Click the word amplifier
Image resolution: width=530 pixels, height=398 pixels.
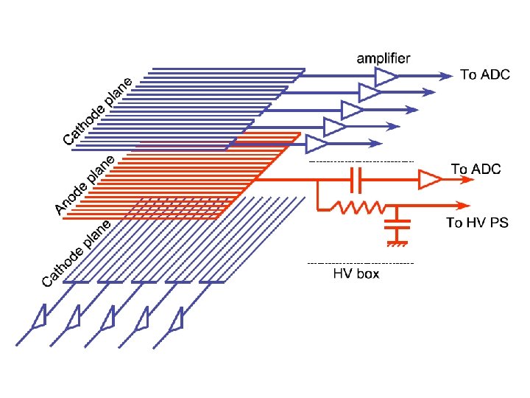point(384,57)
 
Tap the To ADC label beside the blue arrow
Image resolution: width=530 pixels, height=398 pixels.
point(485,74)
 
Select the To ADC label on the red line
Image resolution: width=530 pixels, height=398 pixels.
point(476,170)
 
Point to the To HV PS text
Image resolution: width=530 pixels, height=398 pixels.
point(477,222)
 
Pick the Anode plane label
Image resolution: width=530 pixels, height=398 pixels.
point(85,186)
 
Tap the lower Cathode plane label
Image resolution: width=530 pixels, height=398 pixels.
point(77,253)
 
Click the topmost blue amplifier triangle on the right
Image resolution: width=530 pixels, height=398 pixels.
point(385,77)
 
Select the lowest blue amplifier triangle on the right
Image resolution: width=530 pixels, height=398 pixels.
point(315,142)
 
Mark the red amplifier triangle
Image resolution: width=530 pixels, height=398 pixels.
point(428,179)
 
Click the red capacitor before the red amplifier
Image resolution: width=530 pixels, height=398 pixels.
point(356,178)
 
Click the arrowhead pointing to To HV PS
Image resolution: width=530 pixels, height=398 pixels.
point(463,206)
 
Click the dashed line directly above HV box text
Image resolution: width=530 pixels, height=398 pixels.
point(360,263)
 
